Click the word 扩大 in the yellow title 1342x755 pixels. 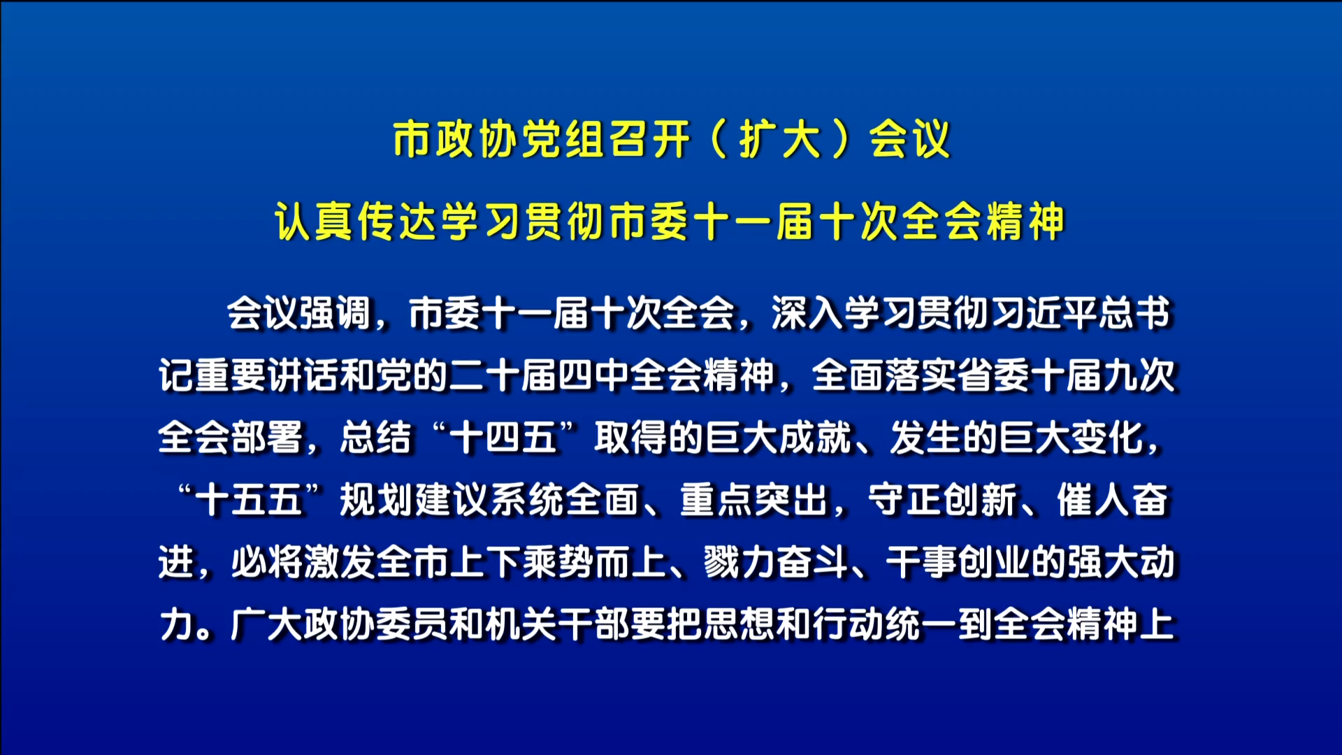coord(780,139)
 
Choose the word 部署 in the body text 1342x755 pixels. coord(267,438)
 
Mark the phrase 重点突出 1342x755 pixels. coord(753,501)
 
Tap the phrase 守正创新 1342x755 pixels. coord(942,501)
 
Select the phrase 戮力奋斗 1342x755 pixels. coord(776,563)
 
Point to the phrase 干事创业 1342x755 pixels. coord(958,563)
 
